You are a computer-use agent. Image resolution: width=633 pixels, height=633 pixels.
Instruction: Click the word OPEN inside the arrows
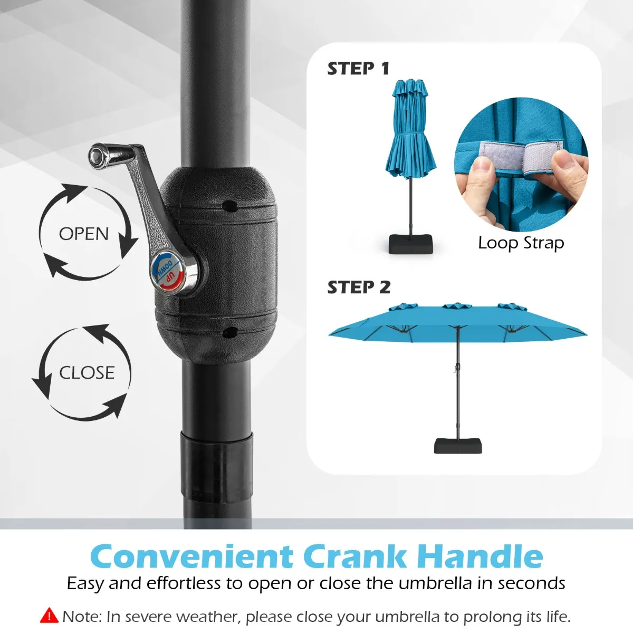[x=84, y=234]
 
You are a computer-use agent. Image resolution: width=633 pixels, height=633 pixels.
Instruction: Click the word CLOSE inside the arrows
[x=87, y=372]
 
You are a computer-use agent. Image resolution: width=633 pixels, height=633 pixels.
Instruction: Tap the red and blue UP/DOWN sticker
[x=168, y=271]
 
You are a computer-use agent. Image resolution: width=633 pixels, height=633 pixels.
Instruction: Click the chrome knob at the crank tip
[x=98, y=155]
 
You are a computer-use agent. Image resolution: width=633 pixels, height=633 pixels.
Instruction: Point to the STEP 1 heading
[x=358, y=69]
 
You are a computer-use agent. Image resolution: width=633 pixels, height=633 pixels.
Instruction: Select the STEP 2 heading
[x=359, y=287]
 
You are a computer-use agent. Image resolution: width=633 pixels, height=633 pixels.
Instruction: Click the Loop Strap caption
[x=521, y=243]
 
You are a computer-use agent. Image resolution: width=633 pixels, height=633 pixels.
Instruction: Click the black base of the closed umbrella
[x=410, y=244]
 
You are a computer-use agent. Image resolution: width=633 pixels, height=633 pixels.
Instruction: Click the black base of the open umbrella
[x=458, y=446]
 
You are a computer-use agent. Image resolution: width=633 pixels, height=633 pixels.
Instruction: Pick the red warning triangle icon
[x=49, y=615]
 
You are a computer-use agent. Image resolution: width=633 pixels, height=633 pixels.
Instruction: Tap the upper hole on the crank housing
[x=229, y=206]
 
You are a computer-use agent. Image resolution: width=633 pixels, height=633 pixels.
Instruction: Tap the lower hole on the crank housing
[x=229, y=332]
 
